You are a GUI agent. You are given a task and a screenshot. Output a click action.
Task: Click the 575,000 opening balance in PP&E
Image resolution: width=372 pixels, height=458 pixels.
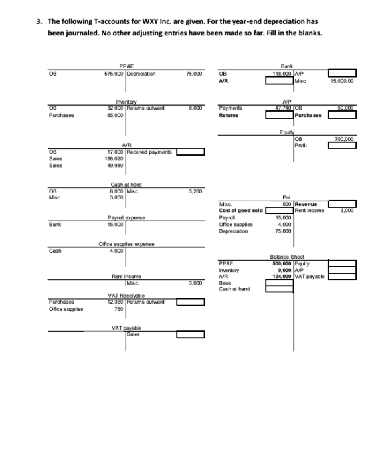[114, 74]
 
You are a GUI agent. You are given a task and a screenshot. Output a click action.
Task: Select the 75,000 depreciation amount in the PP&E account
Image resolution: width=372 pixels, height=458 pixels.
[194, 74]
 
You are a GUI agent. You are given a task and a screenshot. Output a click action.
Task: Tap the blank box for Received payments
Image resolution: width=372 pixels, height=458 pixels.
[191, 152]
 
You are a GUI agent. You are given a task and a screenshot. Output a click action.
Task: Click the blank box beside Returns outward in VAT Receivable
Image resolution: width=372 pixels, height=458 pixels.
[191, 302]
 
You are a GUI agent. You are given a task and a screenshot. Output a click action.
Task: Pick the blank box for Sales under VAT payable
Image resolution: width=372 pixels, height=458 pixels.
[191, 334]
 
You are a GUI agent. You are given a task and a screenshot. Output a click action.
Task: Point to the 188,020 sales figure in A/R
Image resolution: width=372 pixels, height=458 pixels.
[114, 159]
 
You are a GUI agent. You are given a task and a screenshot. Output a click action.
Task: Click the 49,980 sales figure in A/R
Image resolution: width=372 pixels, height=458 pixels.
[115, 166]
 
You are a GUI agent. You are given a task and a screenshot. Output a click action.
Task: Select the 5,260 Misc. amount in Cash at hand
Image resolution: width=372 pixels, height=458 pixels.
[195, 191]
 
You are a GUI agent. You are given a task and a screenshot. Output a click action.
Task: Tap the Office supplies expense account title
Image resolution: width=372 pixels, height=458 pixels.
[126, 244]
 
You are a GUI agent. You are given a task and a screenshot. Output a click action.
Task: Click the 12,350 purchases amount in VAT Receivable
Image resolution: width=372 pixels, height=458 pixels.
[115, 302]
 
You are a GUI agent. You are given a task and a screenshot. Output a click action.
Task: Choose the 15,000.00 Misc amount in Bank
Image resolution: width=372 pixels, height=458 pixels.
[342, 81]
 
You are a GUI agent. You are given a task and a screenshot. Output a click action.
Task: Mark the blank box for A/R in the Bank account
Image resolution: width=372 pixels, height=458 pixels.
[280, 80]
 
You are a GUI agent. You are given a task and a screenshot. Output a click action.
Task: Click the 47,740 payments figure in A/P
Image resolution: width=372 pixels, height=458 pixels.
[284, 108]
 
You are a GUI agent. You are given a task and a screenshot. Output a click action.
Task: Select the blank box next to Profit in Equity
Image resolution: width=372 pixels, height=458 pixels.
[342, 145]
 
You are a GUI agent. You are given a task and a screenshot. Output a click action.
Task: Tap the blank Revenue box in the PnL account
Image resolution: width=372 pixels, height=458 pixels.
[342, 204]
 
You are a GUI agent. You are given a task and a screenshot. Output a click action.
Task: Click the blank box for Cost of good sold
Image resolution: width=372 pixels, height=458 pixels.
[280, 210]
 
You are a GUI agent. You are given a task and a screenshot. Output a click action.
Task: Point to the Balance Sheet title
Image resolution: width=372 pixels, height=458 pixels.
[287, 257]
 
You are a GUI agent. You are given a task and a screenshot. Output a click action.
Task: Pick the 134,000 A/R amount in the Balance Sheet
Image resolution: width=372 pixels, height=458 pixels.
[282, 277]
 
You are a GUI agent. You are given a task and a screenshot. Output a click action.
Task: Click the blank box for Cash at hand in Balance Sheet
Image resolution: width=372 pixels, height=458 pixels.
[280, 289]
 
